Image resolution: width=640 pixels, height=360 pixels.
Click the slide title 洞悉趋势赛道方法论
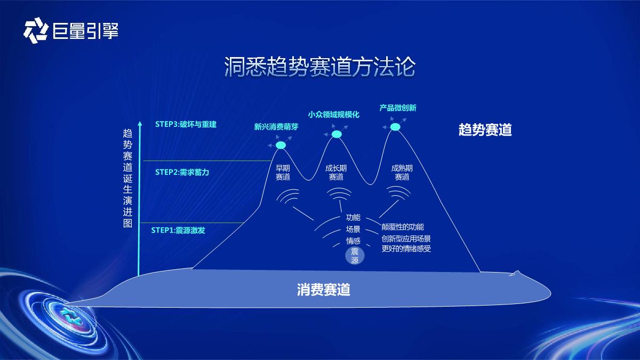[x=319, y=68]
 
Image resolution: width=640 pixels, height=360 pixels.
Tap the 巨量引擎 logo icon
[x=36, y=30]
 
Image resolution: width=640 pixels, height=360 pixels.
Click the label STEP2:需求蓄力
[x=182, y=172]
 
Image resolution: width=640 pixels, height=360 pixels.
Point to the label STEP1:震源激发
[x=178, y=230]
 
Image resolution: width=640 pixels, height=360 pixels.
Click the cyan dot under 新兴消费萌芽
[x=281, y=145]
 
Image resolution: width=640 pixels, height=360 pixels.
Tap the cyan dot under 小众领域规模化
[x=337, y=134]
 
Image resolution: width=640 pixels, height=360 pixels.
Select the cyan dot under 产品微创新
[x=395, y=127]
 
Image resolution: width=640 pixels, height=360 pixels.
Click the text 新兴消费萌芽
[x=276, y=127]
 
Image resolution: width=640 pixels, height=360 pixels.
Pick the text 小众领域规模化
[x=334, y=115]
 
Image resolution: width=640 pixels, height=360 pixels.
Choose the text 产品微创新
[x=398, y=108]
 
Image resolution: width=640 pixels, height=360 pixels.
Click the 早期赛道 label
[x=283, y=172]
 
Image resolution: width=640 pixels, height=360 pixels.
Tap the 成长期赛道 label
[x=336, y=172]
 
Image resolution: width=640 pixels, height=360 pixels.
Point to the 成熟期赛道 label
[x=402, y=172]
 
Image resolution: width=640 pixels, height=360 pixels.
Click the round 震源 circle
[x=355, y=256]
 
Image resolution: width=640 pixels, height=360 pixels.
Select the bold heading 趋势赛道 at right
[x=485, y=130]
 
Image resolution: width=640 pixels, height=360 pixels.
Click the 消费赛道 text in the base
[x=324, y=290]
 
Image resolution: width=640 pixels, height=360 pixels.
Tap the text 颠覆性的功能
[x=403, y=227]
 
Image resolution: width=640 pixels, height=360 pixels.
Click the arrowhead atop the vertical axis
[x=140, y=124]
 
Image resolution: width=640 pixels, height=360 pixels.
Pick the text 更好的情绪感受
[x=406, y=249]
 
